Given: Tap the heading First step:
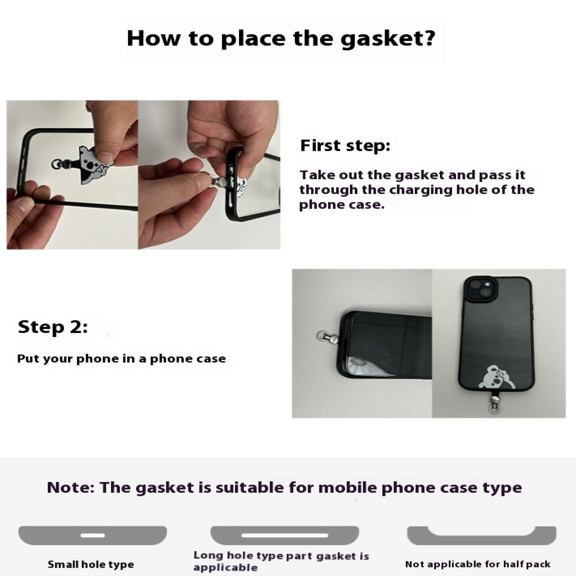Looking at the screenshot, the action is point(345,146).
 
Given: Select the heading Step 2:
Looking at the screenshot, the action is point(53,327).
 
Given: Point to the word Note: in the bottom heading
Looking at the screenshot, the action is point(71,487).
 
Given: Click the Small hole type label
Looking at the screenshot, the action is point(91,564).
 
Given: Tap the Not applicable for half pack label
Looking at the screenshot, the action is point(478,564).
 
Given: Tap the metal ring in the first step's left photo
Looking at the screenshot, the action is point(57,165).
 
